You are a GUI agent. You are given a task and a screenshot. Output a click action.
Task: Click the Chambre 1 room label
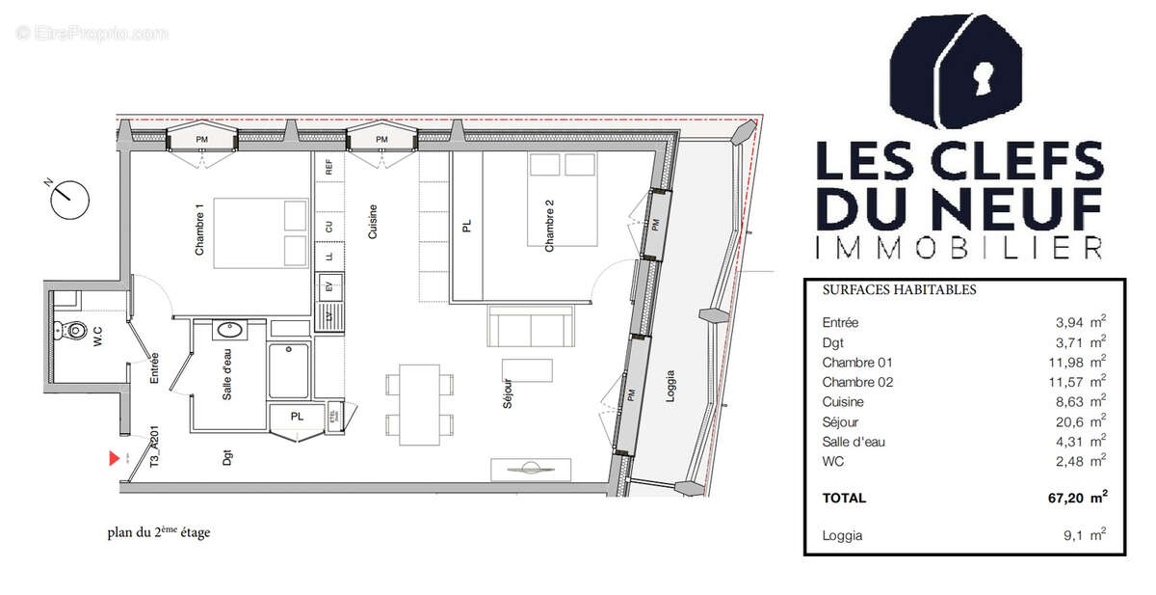[x=200, y=230]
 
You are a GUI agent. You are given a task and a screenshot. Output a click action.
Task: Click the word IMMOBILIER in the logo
[x=958, y=248]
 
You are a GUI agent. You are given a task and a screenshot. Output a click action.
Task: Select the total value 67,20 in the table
[x=1057, y=498]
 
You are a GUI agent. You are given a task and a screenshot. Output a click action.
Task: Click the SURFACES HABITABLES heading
[x=899, y=289]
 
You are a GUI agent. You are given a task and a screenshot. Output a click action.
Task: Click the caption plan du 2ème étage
[x=158, y=532]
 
